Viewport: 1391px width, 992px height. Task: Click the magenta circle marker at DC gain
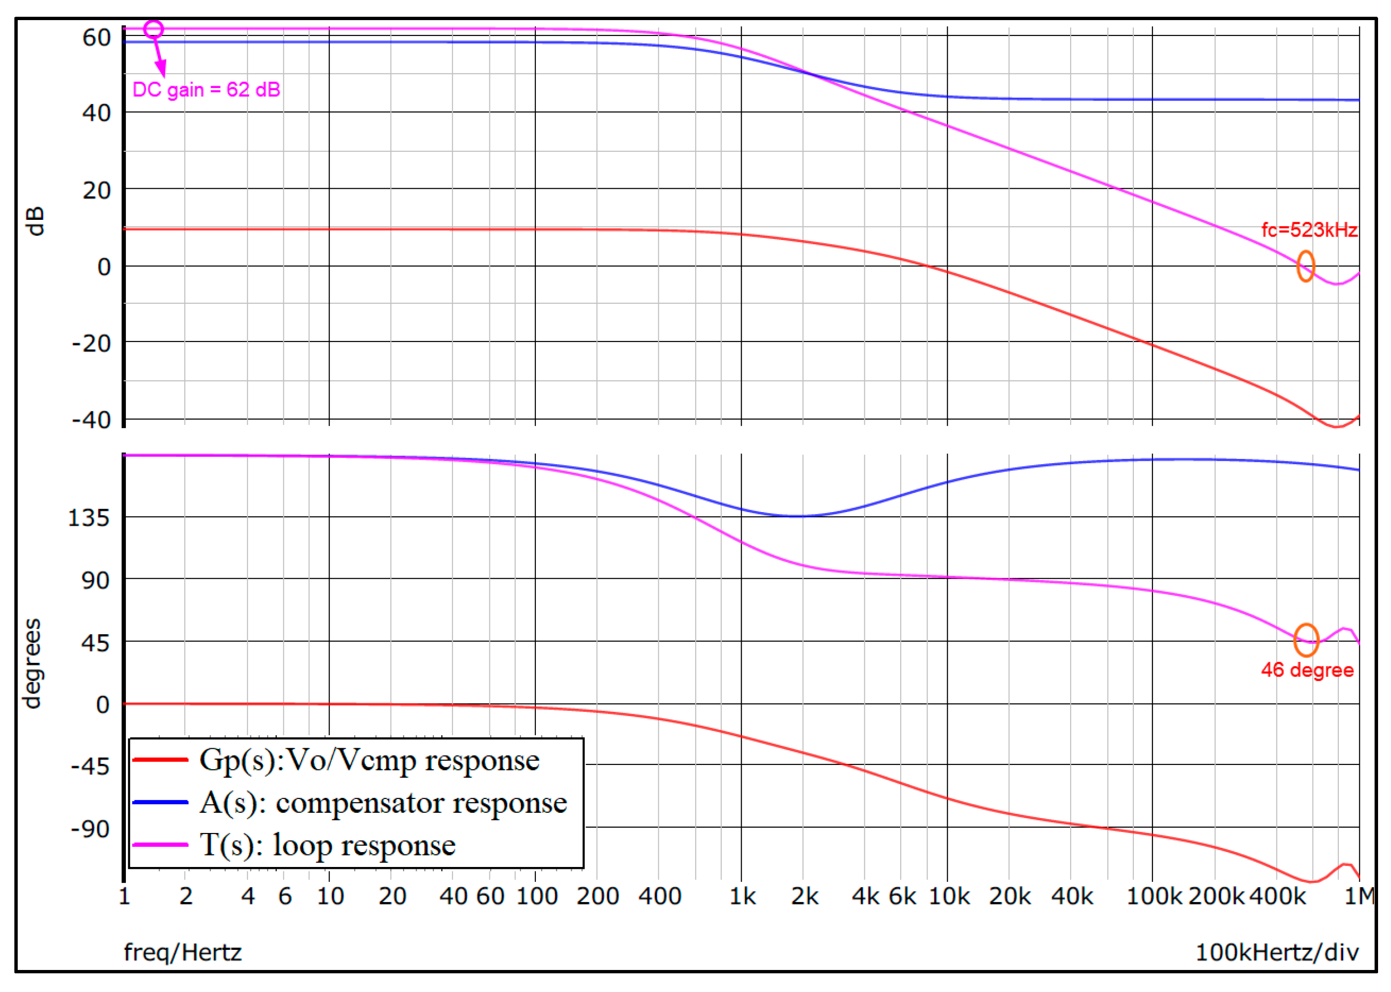click(x=153, y=29)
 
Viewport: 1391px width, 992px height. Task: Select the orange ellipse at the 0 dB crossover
click(x=1305, y=266)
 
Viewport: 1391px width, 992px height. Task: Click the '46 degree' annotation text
click(x=1307, y=670)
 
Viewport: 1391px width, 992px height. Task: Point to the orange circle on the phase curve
click(x=1306, y=639)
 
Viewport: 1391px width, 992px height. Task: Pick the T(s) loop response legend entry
click(x=328, y=845)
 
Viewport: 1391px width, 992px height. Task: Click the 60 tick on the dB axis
click(x=96, y=38)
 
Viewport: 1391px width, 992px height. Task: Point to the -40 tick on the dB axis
click(x=91, y=420)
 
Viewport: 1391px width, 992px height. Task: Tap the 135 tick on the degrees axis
click(x=89, y=518)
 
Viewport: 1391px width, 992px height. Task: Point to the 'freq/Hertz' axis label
click(x=182, y=952)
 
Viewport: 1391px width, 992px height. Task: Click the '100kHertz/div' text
click(x=1277, y=952)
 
